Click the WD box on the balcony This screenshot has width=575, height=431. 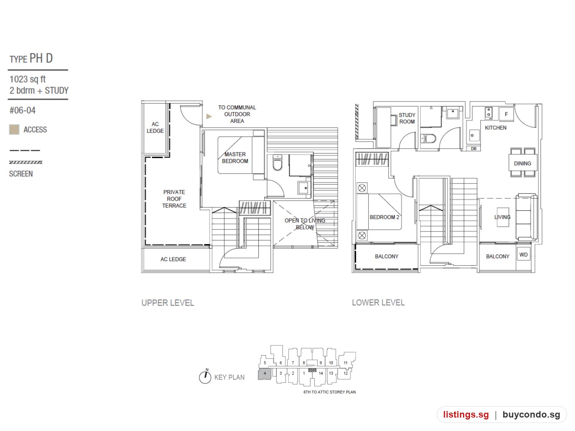coord(523,254)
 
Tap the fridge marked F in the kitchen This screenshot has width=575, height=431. coord(506,114)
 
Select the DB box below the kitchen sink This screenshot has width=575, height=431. coord(473,149)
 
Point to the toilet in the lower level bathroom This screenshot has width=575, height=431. coord(428,138)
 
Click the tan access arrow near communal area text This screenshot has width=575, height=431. coord(209,116)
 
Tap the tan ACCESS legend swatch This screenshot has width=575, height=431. coord(14,129)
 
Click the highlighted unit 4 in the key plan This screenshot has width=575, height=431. coord(264,374)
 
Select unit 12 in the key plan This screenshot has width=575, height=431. coord(345,374)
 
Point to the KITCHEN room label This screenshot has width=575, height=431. coord(495,128)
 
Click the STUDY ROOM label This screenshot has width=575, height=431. coord(407,118)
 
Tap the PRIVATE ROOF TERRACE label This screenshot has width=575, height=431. coord(174,198)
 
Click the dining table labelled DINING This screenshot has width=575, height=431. coord(522,163)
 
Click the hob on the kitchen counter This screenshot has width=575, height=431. coord(488,113)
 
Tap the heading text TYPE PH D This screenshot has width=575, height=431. coord(31,58)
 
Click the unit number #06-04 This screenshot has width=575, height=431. coord(23,110)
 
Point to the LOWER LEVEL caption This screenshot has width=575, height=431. coord(378,303)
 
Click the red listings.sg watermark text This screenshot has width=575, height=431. coord(466,415)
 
